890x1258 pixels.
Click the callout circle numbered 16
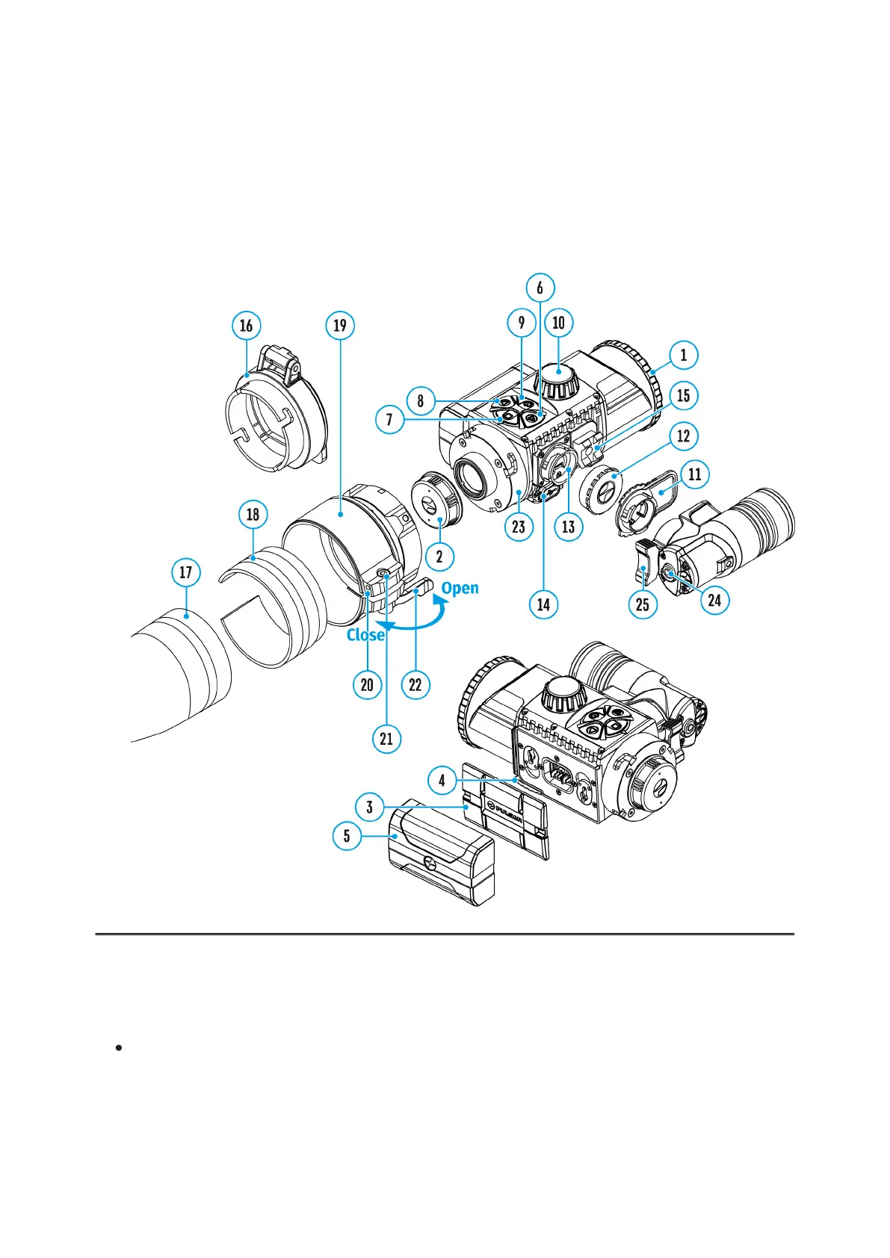(x=246, y=326)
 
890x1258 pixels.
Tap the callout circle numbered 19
(x=340, y=326)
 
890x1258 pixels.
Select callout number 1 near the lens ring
(x=683, y=355)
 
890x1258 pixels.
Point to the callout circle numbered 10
(x=558, y=323)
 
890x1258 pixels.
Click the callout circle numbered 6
(x=540, y=288)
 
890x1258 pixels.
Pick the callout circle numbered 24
(x=714, y=600)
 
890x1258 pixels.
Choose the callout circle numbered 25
(x=643, y=604)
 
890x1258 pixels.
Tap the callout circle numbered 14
(x=543, y=604)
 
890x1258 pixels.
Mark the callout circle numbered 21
(x=386, y=739)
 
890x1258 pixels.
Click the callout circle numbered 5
(x=347, y=836)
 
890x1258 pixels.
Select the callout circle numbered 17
(x=185, y=573)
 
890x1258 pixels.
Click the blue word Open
(x=460, y=588)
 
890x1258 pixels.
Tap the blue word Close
(x=365, y=635)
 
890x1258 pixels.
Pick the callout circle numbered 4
(x=442, y=781)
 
